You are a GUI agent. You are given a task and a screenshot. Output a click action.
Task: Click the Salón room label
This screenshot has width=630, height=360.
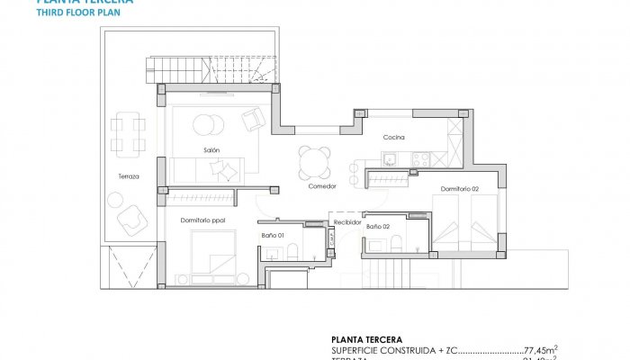(211, 150)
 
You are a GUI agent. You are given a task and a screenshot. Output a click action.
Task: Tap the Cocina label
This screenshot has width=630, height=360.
(393, 138)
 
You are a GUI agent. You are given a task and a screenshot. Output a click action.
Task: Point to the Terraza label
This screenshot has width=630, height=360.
(128, 176)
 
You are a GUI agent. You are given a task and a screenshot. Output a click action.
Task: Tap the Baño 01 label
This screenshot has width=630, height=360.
(274, 236)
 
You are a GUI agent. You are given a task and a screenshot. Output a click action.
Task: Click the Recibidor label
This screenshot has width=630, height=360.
(347, 221)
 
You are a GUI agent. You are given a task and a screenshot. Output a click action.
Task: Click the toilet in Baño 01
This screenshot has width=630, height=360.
(311, 244)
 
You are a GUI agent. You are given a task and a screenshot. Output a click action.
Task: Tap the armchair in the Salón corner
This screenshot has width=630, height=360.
(254, 117)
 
